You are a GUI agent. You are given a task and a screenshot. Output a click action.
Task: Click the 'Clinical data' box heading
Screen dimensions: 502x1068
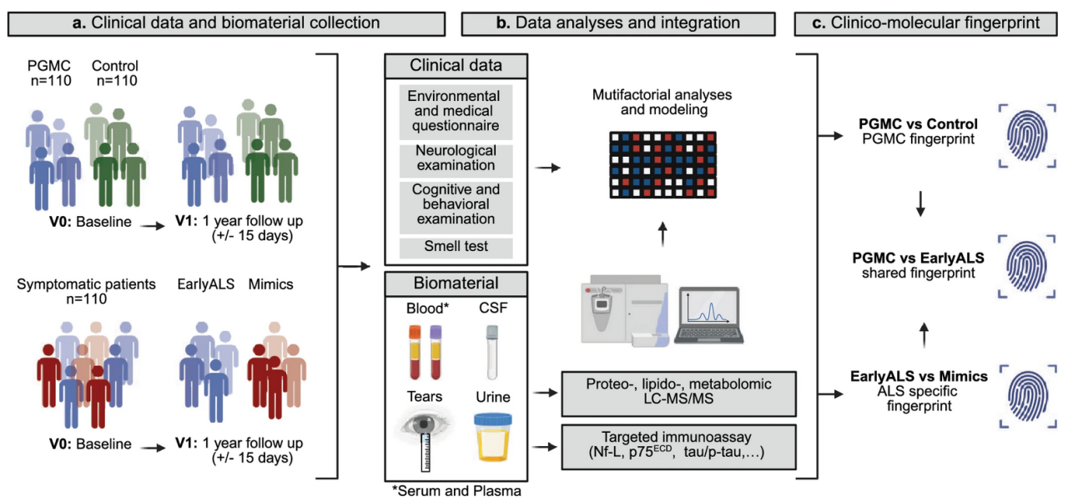[x=455, y=65]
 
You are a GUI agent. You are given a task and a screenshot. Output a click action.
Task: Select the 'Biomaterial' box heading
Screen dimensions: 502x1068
[x=455, y=283]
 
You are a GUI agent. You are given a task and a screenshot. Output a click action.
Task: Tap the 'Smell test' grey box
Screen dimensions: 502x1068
[x=455, y=247]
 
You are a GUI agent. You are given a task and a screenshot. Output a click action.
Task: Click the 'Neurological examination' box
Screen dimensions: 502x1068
[x=455, y=159]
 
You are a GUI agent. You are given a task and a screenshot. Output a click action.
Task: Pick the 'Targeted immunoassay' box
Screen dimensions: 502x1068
[x=679, y=444]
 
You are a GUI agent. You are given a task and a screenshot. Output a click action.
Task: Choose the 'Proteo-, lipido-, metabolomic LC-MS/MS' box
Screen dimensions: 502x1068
[x=679, y=391]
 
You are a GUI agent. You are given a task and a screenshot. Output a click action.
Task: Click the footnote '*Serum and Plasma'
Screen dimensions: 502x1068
[x=456, y=490]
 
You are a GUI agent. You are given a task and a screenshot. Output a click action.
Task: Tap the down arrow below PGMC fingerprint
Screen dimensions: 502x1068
[x=919, y=205]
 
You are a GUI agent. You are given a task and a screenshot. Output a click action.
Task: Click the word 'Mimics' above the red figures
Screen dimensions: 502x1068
[x=270, y=284]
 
